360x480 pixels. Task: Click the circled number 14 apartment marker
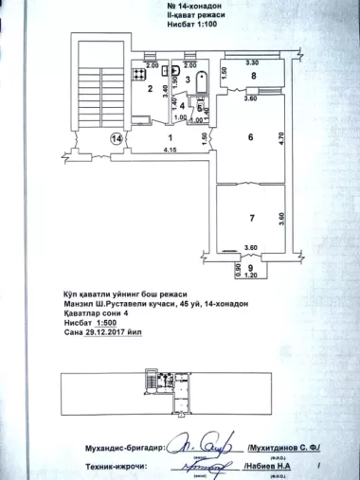coord(117,138)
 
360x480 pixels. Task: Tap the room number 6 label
coord(250,137)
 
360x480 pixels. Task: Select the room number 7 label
coord(251,218)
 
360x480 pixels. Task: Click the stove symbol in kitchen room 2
coord(139,72)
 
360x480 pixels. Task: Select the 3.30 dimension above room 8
coord(252,62)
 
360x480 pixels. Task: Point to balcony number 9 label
coord(250,268)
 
